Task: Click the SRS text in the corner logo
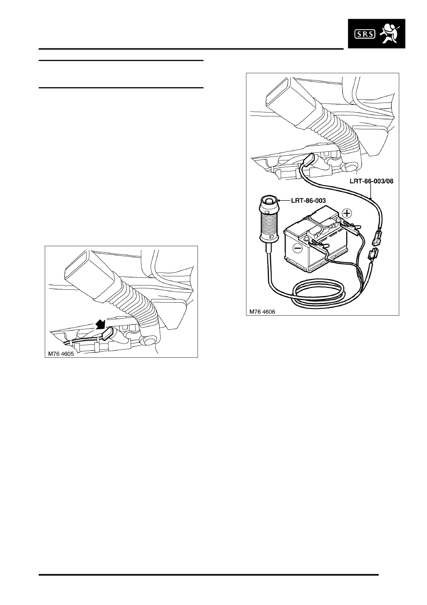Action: coord(364,34)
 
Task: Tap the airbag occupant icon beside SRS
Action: coord(389,34)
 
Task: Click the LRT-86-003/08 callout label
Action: coord(371,181)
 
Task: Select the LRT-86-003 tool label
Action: coord(308,201)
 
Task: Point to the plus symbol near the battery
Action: coord(347,213)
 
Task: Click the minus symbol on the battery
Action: coord(297,247)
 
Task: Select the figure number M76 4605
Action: coord(61,354)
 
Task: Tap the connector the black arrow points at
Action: coord(107,334)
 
